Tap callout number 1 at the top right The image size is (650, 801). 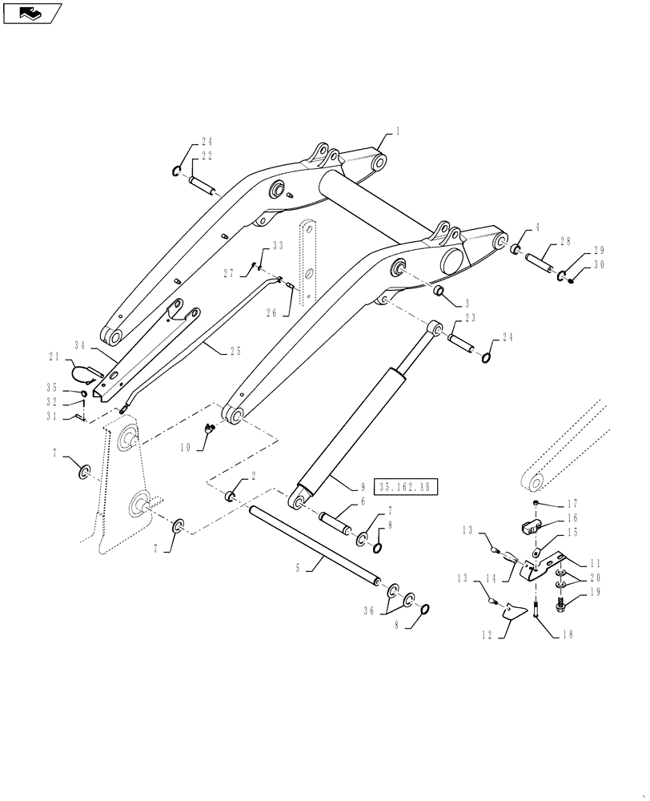click(397, 130)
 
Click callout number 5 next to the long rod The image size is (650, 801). click(298, 567)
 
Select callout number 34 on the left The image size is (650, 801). click(80, 345)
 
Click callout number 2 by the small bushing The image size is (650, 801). click(253, 476)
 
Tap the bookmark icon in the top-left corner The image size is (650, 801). click(31, 13)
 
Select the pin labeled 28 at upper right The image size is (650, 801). click(540, 260)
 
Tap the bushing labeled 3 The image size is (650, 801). click(439, 289)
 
